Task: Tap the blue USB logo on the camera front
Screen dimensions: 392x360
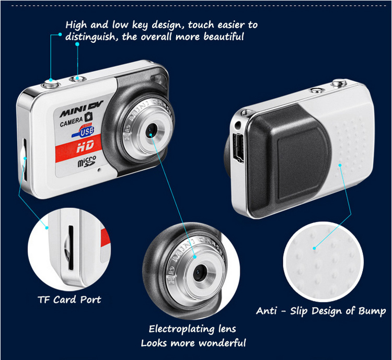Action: [84, 131]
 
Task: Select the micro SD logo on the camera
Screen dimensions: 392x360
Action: [87, 161]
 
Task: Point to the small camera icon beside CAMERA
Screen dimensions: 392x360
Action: [88, 117]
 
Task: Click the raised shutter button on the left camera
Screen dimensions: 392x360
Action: [51, 84]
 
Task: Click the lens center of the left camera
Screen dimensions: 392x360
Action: [151, 129]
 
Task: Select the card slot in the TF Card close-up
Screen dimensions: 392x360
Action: [71, 248]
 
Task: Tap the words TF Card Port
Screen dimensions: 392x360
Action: [69, 299]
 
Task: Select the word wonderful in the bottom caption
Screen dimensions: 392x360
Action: [223, 343]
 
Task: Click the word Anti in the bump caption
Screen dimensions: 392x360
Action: [267, 311]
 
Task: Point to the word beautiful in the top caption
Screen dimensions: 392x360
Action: [224, 37]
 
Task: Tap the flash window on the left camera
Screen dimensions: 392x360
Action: [159, 80]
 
